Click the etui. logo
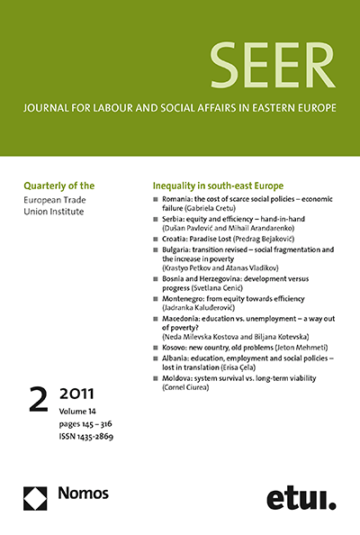click(x=301, y=499)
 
